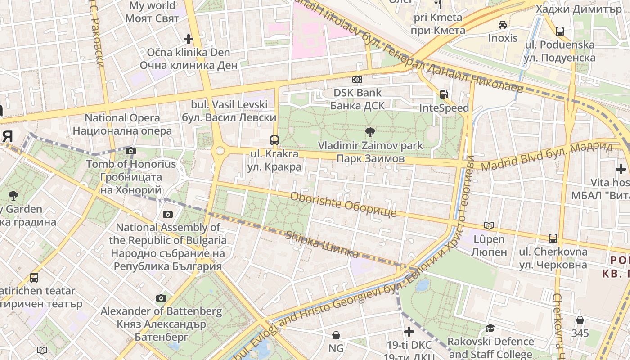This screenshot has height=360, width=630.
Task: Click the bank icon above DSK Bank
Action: [x=357, y=80]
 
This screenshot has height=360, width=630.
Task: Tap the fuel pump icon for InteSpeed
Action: [x=444, y=94]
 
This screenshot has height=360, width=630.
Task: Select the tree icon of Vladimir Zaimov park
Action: [x=370, y=132]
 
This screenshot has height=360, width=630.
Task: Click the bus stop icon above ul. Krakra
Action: [x=274, y=140]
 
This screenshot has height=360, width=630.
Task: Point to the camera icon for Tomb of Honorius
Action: [x=131, y=151]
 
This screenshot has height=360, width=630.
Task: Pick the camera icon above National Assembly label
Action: [x=168, y=214]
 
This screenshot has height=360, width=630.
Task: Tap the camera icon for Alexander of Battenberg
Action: [x=161, y=298]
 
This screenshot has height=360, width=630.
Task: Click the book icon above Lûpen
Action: [x=489, y=225]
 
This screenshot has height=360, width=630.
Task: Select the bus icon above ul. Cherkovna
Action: [x=553, y=238]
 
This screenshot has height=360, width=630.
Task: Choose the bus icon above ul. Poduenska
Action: [x=560, y=31]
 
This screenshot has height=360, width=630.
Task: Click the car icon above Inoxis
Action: [x=503, y=24]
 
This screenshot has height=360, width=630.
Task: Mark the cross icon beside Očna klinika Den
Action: [x=189, y=39]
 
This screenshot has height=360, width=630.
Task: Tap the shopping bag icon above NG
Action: [x=336, y=335]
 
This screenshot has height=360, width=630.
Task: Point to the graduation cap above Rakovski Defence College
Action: [x=490, y=328]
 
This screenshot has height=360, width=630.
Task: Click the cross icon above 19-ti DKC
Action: [x=409, y=332]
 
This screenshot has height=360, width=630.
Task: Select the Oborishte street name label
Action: [x=343, y=204]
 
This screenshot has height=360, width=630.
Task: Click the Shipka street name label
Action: [x=322, y=244]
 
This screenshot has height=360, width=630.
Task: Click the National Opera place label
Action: [x=122, y=124]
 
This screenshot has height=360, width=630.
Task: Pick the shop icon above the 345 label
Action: [x=580, y=320]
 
